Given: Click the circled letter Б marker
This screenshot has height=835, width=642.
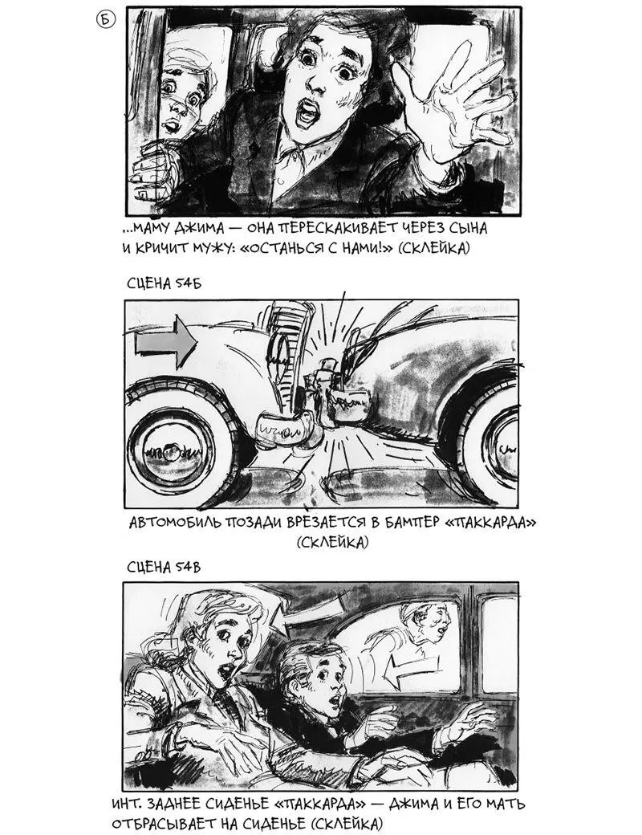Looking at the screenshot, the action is (x=105, y=20).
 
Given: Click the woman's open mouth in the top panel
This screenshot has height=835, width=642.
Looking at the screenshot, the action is (x=306, y=113).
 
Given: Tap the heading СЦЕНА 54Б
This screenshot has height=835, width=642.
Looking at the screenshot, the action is (x=164, y=283).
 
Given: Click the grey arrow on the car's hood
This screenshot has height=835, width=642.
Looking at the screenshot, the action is (x=166, y=342).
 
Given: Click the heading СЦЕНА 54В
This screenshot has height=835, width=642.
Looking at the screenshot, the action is (x=164, y=567).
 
